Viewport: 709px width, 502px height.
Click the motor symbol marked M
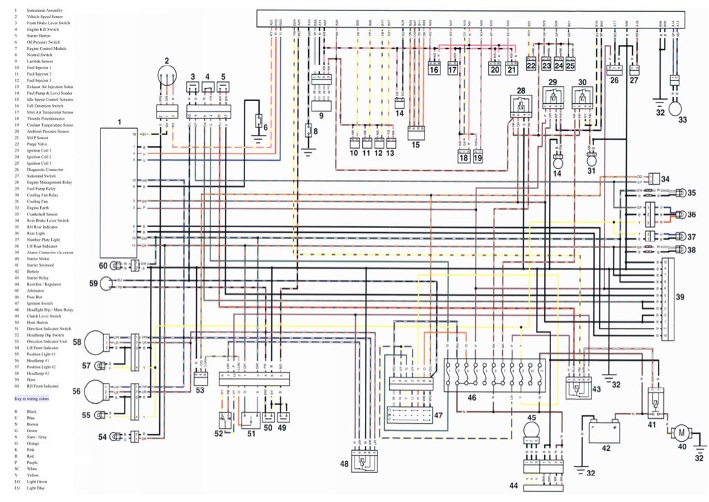pyautogui.click(x=681, y=433)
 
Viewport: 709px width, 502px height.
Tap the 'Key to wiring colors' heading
pyautogui.click(x=32, y=399)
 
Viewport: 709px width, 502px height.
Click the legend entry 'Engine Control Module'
pyautogui.click(x=48, y=49)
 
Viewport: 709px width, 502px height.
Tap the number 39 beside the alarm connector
pyautogui.click(x=680, y=297)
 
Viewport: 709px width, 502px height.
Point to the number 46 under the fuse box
pyautogui.click(x=472, y=398)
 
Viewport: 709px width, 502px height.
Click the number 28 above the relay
pyautogui.click(x=520, y=91)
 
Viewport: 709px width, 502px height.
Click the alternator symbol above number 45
pyautogui.click(x=531, y=431)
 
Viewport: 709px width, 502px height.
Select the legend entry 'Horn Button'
pyautogui.click(x=40, y=322)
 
